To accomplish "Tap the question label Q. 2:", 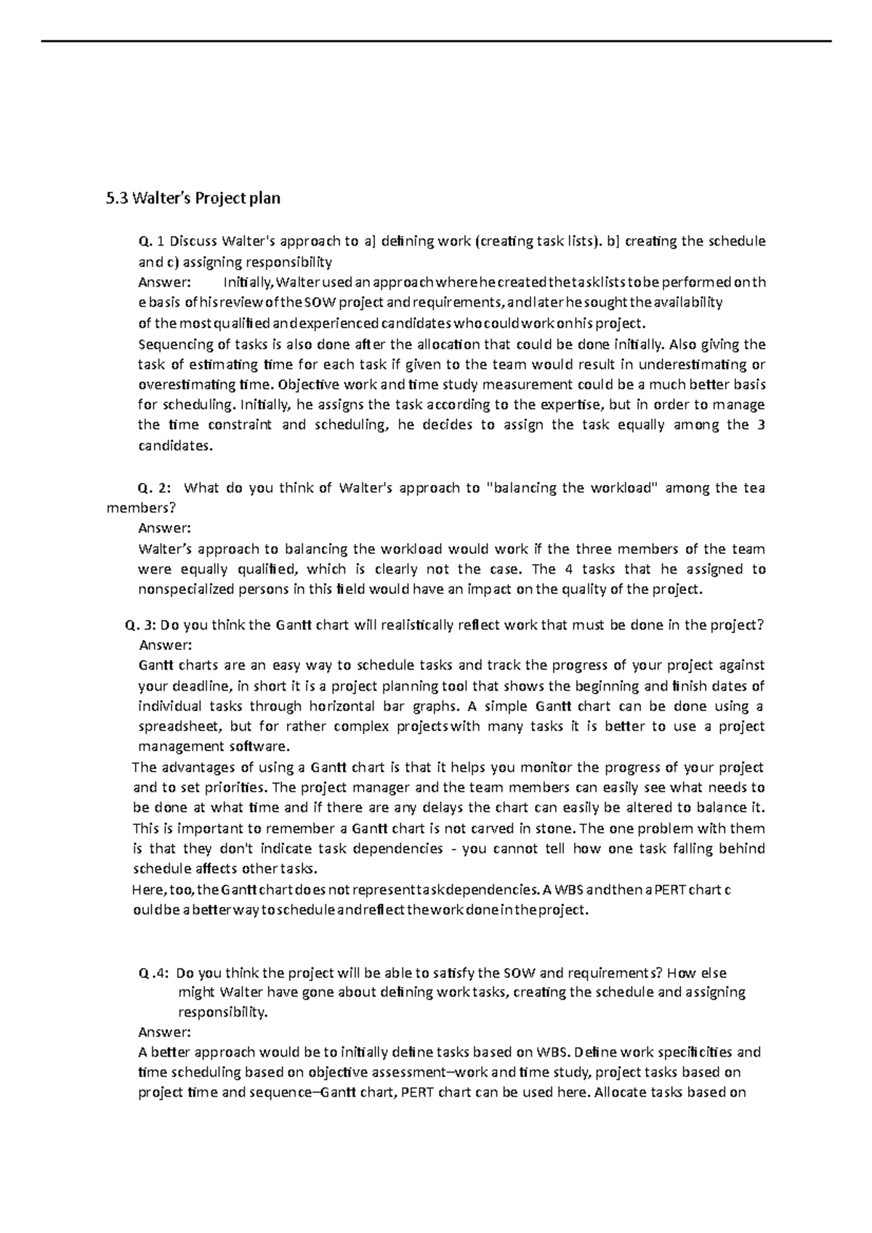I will (155, 488).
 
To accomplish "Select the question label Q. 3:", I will (141, 624).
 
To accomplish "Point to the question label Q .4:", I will (154, 972).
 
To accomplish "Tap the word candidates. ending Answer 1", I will (176, 446).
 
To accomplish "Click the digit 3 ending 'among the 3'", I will (760, 426).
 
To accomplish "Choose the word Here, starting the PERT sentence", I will (148, 889).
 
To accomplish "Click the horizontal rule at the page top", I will (436, 41).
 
